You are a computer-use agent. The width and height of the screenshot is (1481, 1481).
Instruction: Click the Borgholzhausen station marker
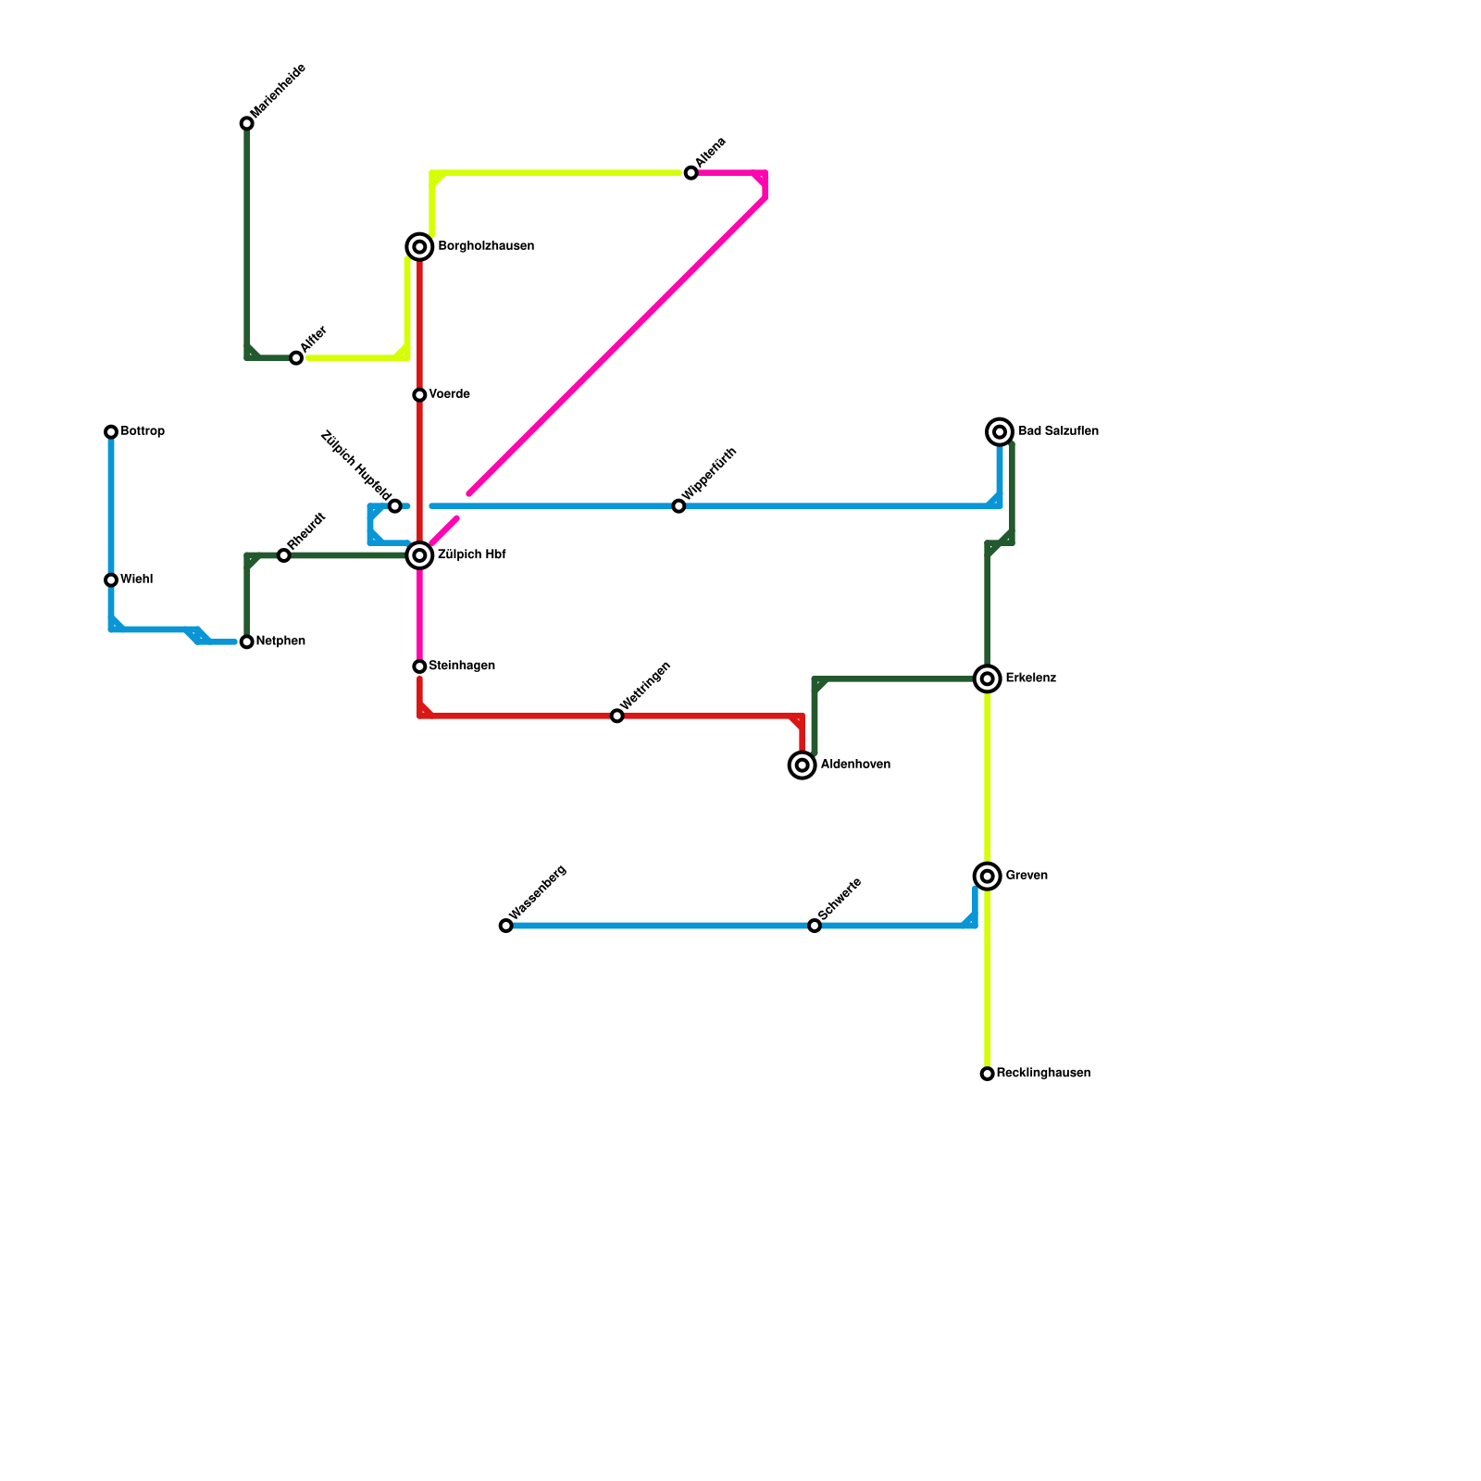tap(419, 247)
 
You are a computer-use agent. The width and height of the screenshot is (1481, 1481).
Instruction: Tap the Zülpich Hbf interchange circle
tap(419, 555)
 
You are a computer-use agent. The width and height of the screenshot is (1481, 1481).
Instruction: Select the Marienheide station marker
tap(247, 124)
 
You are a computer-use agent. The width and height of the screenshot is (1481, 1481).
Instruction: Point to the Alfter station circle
tap(296, 358)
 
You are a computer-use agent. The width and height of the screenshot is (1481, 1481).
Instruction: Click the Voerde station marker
tap(419, 395)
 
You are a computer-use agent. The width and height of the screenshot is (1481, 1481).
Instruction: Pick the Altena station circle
tap(691, 173)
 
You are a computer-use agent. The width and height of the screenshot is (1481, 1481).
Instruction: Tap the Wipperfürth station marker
tap(678, 506)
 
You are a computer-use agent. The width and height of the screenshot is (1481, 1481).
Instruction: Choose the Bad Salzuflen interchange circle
tap(1000, 432)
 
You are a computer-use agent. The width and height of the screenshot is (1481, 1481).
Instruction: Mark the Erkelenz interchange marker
tap(988, 679)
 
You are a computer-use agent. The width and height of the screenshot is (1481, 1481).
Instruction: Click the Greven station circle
tap(988, 877)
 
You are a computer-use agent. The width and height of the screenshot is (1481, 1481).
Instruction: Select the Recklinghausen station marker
tap(988, 1074)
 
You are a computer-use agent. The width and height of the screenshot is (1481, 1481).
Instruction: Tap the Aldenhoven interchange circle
tap(803, 765)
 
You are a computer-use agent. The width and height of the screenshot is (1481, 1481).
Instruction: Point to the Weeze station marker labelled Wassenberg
tap(505, 926)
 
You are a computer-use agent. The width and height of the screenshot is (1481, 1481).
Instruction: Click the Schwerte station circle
tap(815, 926)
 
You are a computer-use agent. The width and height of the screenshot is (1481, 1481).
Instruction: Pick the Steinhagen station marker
tap(419, 666)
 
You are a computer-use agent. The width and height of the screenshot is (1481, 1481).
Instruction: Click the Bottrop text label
tap(143, 432)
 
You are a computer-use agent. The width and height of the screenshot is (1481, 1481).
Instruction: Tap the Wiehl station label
tap(137, 580)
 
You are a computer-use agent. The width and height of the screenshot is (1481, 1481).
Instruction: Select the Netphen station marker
tap(247, 642)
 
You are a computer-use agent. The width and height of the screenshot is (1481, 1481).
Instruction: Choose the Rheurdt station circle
tap(284, 555)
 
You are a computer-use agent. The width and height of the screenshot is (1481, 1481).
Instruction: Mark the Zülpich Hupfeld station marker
tap(395, 506)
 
